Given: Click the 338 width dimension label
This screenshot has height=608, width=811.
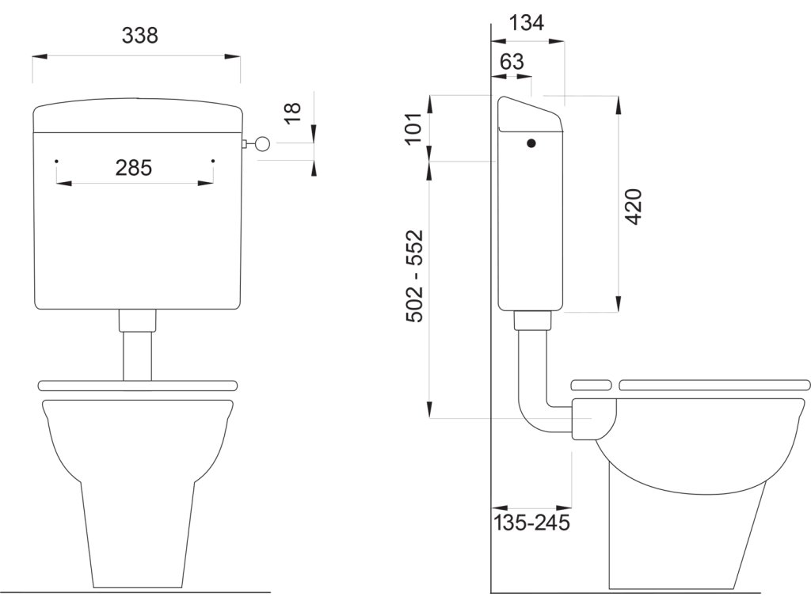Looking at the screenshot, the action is tap(139, 36).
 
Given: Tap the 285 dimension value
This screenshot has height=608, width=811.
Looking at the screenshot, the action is tap(133, 168).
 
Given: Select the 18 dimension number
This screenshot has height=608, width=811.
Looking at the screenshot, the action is tap(292, 112).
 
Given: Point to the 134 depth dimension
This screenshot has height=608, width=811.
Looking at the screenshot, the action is tap(527, 23).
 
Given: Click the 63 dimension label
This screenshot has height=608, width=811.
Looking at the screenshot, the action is tap(512, 62).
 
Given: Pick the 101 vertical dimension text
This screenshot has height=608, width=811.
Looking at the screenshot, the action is tap(414, 129).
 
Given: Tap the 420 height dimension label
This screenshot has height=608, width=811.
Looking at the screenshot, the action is tap(634, 207).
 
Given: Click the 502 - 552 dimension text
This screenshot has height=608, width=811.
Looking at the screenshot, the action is tap(414, 276).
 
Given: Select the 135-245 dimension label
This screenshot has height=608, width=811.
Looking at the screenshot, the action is tap(531, 522).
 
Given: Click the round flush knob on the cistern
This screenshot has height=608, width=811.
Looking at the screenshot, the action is tap(263, 144).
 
